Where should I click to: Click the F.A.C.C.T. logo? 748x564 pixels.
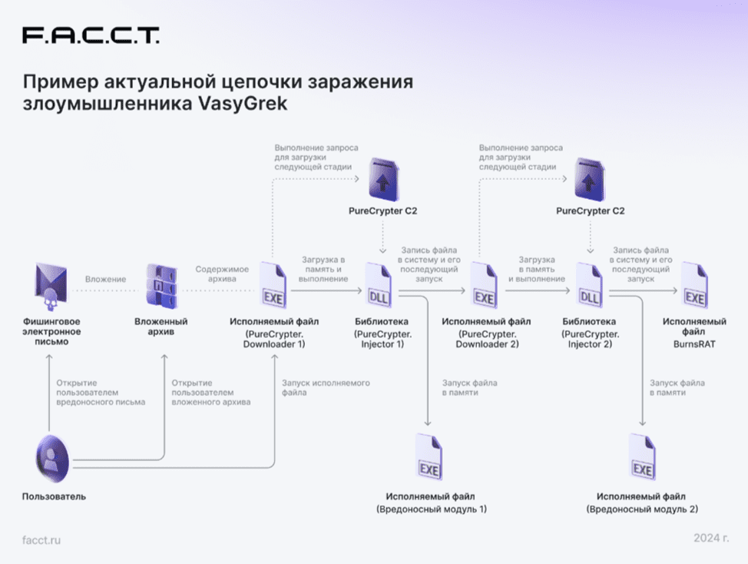point(91,35)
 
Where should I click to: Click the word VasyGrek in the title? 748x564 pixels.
point(243,103)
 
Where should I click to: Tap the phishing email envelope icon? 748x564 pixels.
point(51,286)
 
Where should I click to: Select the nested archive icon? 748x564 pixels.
point(161,286)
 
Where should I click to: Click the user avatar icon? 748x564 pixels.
point(52,459)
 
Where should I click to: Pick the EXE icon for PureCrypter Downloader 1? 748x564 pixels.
point(273,285)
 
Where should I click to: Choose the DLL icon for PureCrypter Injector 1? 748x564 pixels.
point(379,285)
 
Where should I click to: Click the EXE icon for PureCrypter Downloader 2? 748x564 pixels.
point(484,285)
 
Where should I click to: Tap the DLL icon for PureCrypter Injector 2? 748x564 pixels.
point(590,285)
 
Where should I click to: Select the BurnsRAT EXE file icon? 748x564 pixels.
point(694,285)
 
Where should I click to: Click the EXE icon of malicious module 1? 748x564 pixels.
point(429,456)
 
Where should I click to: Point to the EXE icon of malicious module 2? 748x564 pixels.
point(642,456)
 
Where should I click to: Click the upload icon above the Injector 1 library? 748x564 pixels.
point(383,179)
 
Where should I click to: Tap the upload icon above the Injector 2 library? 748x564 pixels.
point(590,179)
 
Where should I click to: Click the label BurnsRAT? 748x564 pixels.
point(694,344)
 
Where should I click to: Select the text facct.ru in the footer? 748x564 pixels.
point(41,540)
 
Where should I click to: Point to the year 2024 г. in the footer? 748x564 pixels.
point(711,538)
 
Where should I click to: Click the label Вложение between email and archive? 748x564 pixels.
point(106,279)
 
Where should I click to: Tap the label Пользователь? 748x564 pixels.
point(54,496)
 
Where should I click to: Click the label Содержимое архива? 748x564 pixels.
point(222,274)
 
